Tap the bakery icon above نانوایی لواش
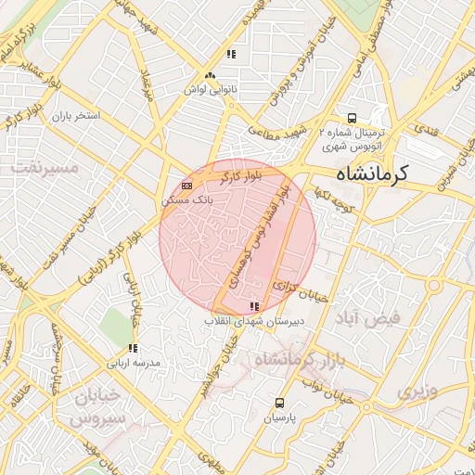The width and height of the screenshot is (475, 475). (x=210, y=74)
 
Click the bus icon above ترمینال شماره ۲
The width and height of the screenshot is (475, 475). (x=352, y=118)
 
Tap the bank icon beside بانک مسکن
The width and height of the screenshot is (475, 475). (x=187, y=186)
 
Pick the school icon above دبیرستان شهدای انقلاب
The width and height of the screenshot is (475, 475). (x=254, y=306)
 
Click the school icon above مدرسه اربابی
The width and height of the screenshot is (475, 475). (x=134, y=348)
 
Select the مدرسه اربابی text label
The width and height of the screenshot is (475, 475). (x=135, y=362)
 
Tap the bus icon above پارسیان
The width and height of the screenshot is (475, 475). (x=280, y=403)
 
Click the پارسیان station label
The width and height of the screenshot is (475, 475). (x=280, y=417)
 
